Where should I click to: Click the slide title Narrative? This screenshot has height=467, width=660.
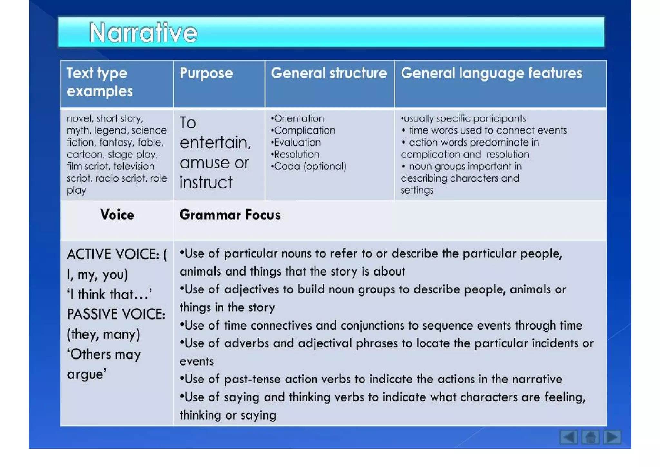pos(143,33)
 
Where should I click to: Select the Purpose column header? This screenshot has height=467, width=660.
pos(206,73)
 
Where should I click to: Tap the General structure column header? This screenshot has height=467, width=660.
pos(329,73)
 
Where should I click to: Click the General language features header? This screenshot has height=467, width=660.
pos(491,73)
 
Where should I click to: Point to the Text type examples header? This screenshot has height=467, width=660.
pos(100,82)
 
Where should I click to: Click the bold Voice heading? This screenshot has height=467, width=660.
pos(117,215)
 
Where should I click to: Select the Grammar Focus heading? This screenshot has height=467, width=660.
pos(230,215)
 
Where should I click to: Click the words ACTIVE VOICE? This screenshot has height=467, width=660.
pos(113,254)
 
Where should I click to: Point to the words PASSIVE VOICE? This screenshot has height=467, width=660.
pos(116,314)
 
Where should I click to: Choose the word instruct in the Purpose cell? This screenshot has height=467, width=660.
pos(206,183)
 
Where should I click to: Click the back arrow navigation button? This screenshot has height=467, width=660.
pos(568,437)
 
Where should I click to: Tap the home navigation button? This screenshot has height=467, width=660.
pos(590,437)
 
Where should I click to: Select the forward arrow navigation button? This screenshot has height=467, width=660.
pos(612,437)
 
